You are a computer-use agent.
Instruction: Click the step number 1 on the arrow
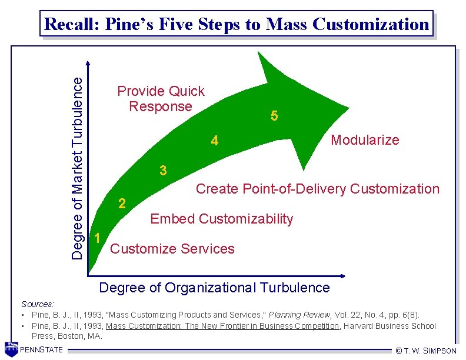pos(97,238)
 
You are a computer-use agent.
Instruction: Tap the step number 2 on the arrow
pos(121,204)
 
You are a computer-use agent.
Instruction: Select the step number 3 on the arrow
pos(164,171)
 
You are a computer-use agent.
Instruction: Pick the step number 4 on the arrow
pos(215,141)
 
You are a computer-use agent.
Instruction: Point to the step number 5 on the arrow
pos(274,116)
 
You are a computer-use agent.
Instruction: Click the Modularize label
pos(365,140)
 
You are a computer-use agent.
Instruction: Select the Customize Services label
pos(172,249)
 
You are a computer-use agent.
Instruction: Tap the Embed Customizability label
pos(221,219)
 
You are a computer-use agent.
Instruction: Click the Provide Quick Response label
pos(161,99)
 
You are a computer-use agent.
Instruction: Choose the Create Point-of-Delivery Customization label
pos(317,189)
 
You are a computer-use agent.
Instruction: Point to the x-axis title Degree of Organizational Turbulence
pos(215,288)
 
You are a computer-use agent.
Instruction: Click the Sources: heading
pos(38,304)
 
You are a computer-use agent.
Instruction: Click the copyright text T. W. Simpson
pos(430,351)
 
